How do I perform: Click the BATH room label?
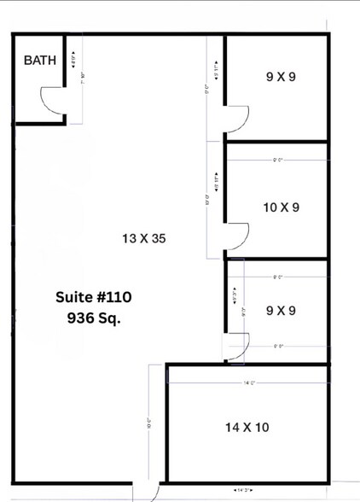(x=40, y=61)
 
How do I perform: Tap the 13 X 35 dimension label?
(x=142, y=239)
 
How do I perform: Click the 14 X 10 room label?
(x=247, y=427)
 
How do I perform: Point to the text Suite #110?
(x=94, y=297)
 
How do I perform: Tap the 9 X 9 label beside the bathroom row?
(x=281, y=75)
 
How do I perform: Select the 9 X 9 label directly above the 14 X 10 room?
(x=281, y=311)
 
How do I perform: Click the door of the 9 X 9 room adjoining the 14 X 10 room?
(x=235, y=345)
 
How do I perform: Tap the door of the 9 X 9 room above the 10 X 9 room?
(x=236, y=119)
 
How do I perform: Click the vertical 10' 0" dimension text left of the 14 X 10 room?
(x=148, y=423)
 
